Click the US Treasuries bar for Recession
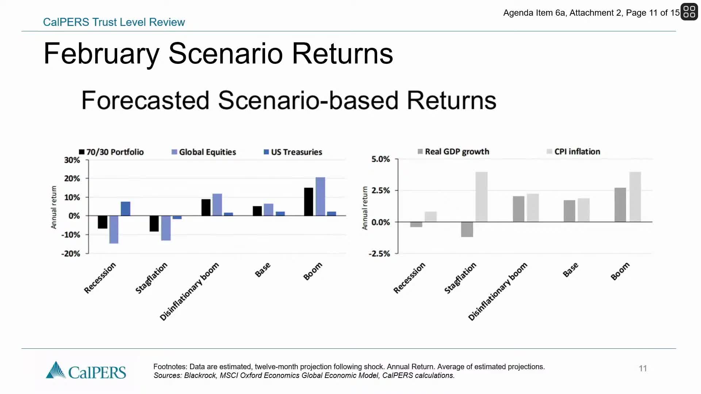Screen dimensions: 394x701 click(126, 209)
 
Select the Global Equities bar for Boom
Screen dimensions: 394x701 click(320, 197)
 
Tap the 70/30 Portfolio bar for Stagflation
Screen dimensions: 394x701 click(154, 223)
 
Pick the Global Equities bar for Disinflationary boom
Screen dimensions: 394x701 click(217, 205)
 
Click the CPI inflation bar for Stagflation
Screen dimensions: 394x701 click(482, 197)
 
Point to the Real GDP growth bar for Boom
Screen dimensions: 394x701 click(620, 205)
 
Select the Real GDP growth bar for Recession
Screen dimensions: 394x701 click(416, 224)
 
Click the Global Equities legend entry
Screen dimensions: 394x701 click(204, 152)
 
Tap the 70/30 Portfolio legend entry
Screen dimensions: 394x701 click(111, 152)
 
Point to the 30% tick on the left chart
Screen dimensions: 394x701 click(72, 160)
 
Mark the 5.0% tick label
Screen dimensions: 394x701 click(380, 159)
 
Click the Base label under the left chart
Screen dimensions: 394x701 click(263, 270)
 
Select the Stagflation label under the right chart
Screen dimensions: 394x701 click(460, 278)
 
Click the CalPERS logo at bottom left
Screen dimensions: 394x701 click(86, 371)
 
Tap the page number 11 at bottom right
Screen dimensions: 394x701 click(643, 368)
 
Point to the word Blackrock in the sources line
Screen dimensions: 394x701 click(200, 376)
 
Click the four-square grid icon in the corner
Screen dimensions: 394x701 click(689, 12)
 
